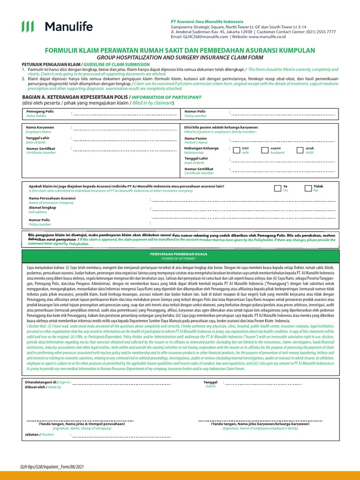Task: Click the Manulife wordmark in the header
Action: pos(68,27)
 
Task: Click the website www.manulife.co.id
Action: pos(267,36)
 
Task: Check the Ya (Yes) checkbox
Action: pos(277,188)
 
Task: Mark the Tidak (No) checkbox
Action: pos(307,188)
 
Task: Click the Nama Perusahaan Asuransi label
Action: pos(52,198)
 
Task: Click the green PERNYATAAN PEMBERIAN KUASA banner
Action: pos(180,255)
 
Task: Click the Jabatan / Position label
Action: pos(32,435)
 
